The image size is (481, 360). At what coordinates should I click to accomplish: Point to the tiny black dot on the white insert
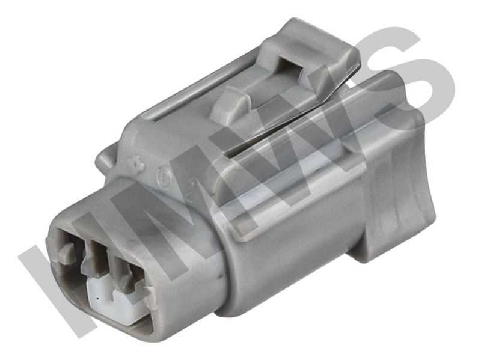(x=97, y=297)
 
